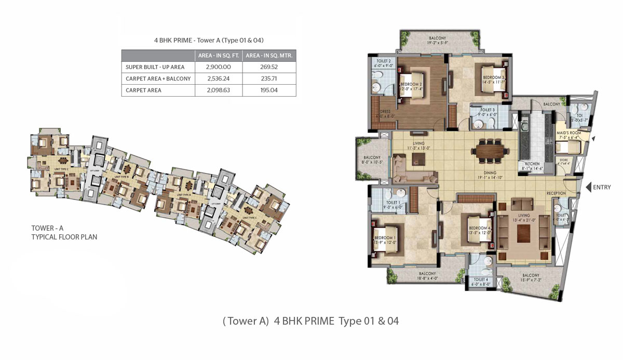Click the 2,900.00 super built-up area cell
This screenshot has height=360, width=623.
[218, 67]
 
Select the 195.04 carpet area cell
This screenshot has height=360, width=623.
[269, 90]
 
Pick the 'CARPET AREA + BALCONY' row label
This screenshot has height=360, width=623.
[158, 79]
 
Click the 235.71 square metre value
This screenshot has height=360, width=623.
[269, 79]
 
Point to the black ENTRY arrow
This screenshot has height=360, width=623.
[589, 188]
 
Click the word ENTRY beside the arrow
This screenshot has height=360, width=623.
[603, 188]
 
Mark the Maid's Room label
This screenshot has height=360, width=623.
[568, 134]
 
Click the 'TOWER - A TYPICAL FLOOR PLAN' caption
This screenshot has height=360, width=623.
[64, 232]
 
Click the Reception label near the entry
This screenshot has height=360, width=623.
[556, 193]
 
